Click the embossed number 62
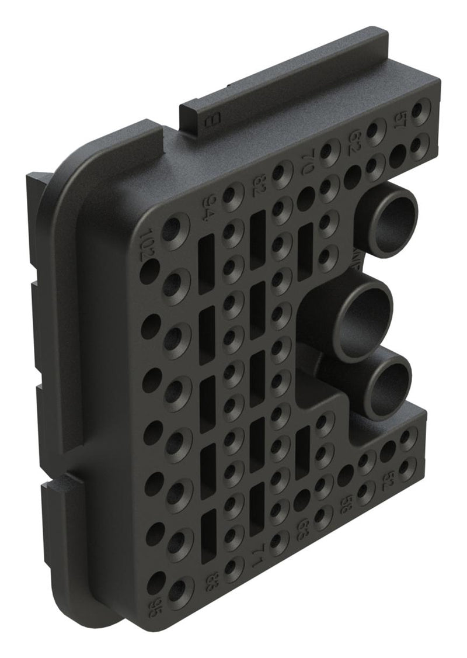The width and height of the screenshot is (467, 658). [355, 140]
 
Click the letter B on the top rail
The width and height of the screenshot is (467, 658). [210, 120]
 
